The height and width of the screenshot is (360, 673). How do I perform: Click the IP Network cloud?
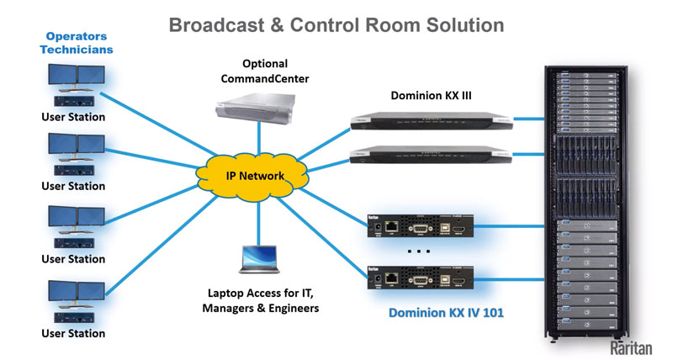point(253,177)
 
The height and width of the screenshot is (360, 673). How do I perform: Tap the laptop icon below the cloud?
point(259,260)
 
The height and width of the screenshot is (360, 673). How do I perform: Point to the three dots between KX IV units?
point(418,251)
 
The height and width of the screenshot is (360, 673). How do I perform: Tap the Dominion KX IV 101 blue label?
point(446,314)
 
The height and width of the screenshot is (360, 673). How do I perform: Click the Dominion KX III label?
point(431,96)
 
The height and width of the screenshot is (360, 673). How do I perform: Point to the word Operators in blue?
point(77,36)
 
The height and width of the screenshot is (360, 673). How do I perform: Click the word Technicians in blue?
point(77,50)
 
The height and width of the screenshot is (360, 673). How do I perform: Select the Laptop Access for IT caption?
point(261,293)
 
